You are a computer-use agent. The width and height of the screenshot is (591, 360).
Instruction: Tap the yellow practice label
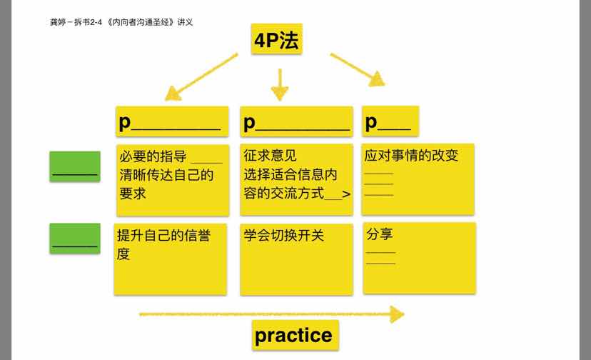pyautogui.click(x=294, y=335)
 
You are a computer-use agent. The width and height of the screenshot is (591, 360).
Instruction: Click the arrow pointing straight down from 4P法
pyautogui.click(x=280, y=84)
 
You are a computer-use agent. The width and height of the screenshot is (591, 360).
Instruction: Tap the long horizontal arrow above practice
pyautogui.click(x=271, y=314)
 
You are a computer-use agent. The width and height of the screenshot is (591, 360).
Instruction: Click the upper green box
pyautogui.click(x=75, y=166)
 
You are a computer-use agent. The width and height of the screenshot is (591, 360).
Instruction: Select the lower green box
pyautogui.click(x=75, y=239)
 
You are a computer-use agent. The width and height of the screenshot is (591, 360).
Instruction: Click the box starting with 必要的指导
pyautogui.click(x=172, y=180)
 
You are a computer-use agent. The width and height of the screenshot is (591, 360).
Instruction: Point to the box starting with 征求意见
pyautogui.click(x=296, y=180)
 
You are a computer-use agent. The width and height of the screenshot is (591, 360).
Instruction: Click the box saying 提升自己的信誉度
pyautogui.click(x=170, y=259)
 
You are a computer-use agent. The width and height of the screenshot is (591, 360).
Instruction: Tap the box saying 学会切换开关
pyautogui.click(x=296, y=259)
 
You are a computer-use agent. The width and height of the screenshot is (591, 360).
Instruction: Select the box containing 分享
pyautogui.click(x=419, y=257)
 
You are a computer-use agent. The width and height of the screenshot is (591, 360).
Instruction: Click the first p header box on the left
pyautogui.click(x=172, y=121)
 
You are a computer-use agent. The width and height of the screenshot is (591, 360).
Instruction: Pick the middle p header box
pyautogui.click(x=296, y=121)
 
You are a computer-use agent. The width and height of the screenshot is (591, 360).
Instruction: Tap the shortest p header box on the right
pyautogui.click(x=390, y=121)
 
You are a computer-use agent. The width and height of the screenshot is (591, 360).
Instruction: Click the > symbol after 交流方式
pyautogui.click(x=347, y=194)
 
